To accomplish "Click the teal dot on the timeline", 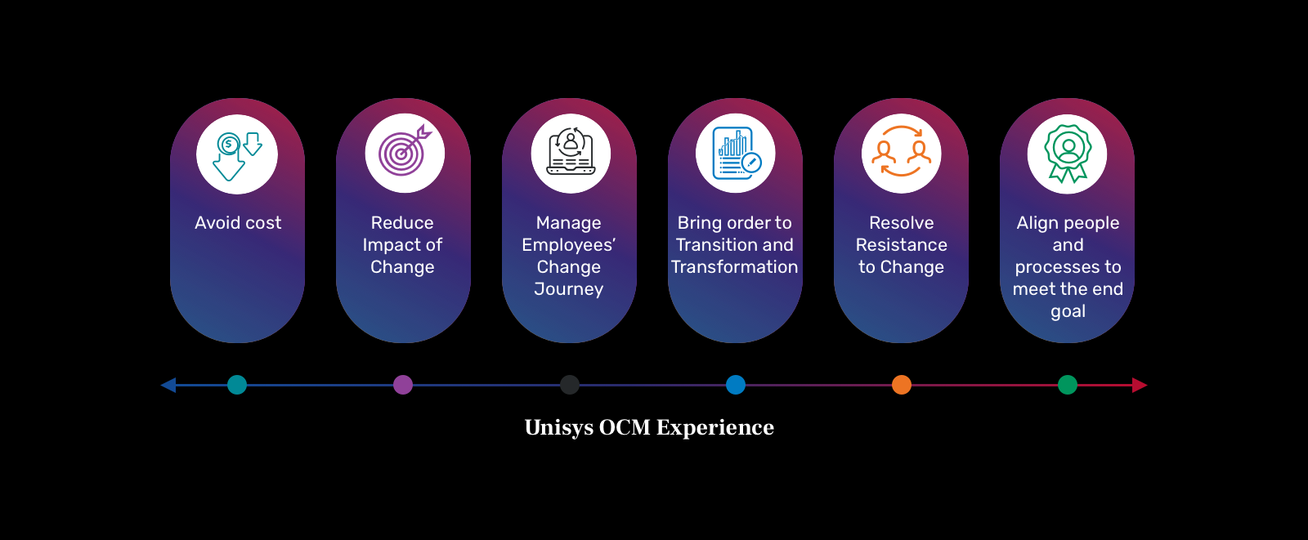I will tap(237, 385).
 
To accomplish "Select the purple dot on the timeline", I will tap(403, 385).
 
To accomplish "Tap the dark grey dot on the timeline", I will tap(570, 385).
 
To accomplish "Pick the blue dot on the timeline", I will tap(736, 385).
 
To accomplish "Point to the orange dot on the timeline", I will tap(902, 385).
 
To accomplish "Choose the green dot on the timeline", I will tap(1068, 385).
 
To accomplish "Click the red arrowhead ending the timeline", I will tap(1140, 385).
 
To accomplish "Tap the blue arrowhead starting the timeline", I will tap(168, 385).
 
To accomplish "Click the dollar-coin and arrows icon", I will tap(237, 154).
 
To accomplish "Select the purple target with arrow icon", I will tap(404, 153).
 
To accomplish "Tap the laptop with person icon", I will tap(571, 153).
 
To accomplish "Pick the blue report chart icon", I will tap(737, 154).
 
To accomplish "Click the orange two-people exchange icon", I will tap(902, 154).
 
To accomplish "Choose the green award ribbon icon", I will tap(1068, 154).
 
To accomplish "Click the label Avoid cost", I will tap(238, 223).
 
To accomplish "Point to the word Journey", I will tap(569, 289).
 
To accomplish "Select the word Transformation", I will tap(735, 267).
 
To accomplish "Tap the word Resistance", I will tap(902, 245).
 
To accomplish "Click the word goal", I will tap(1068, 312).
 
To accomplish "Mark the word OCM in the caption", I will tap(625, 427).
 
